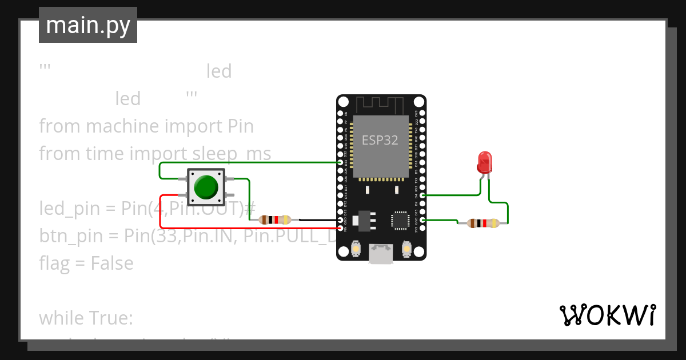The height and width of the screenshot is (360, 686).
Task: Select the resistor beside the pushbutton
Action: click(x=275, y=219)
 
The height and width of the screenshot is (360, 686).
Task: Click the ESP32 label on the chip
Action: click(x=380, y=140)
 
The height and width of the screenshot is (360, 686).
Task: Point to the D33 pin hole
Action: click(x=341, y=162)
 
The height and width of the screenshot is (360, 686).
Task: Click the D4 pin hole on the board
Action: click(x=422, y=195)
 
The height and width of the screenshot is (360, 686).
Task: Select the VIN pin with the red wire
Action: click(x=341, y=229)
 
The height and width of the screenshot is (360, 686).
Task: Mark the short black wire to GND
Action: click(x=317, y=219)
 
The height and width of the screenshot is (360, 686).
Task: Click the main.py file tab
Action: click(x=88, y=25)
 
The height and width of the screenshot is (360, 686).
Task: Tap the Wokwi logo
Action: click(x=607, y=315)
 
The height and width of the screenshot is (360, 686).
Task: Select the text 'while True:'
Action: click(x=86, y=318)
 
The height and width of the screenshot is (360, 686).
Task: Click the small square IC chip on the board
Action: click(x=400, y=220)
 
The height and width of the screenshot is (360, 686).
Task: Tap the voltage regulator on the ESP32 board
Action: click(x=365, y=219)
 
